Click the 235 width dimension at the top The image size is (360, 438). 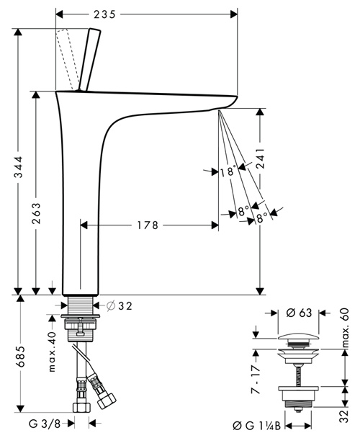[104, 14]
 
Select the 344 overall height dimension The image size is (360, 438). [19, 167]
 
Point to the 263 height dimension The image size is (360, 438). [36, 213]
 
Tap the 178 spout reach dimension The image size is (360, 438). [148, 225]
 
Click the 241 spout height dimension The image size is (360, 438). [261, 158]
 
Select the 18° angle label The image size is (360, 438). [228, 171]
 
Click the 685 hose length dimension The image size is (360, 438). [20, 357]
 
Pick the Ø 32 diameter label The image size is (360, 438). [120, 306]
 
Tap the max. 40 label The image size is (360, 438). [53, 352]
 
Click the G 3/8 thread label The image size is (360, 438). [45, 424]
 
